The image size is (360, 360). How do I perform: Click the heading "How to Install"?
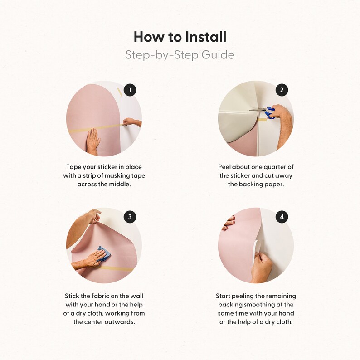[180, 37]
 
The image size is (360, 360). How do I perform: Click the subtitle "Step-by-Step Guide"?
[180, 55]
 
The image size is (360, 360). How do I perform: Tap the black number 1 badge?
[130, 90]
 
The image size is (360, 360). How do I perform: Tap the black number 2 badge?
[282, 90]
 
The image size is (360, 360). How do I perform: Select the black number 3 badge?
[130, 217]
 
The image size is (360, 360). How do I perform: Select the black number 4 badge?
[282, 217]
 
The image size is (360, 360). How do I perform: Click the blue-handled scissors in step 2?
[264, 112]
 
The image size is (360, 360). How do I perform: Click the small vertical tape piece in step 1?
[119, 92]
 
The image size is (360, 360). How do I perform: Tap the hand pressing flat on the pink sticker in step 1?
[93, 141]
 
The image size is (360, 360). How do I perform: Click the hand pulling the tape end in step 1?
[131, 122]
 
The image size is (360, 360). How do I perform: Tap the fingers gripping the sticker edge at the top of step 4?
[228, 223]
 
